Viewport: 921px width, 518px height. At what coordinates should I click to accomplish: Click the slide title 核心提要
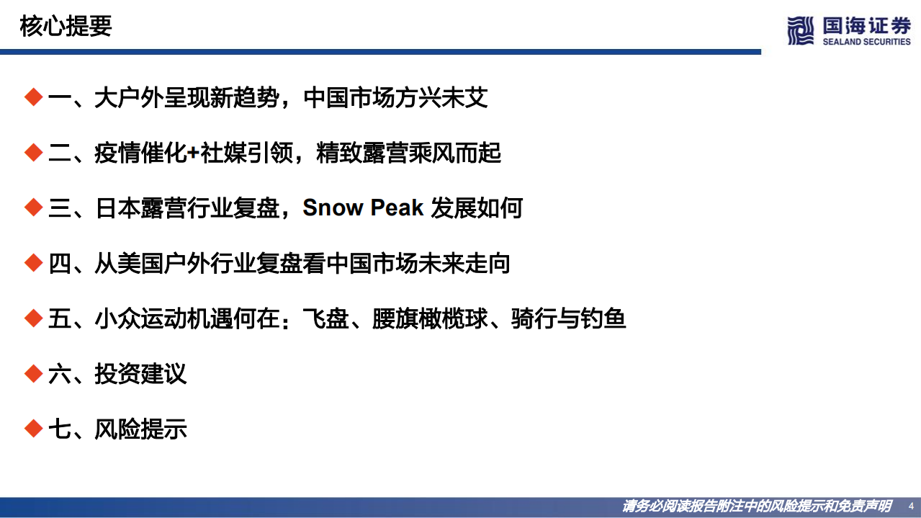(66, 27)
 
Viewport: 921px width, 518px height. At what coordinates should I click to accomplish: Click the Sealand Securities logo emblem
(800, 30)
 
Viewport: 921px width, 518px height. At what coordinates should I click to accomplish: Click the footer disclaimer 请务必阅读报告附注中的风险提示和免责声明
(757, 506)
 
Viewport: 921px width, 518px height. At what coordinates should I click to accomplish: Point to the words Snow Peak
(363, 208)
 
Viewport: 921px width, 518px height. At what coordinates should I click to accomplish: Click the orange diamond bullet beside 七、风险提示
(33, 429)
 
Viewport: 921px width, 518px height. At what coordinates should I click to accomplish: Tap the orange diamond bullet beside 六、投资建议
(33, 373)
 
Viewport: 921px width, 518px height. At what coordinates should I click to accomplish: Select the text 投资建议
(140, 374)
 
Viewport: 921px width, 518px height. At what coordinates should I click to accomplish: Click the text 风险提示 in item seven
(140, 429)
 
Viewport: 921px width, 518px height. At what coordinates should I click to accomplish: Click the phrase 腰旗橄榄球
(430, 319)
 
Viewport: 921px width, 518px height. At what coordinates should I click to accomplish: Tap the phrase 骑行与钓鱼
(568, 319)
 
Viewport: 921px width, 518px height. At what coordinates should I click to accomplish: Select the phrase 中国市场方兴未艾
(395, 98)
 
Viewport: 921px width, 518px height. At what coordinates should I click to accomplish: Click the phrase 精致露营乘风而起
(408, 153)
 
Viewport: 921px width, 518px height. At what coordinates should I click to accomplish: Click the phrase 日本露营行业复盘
(187, 208)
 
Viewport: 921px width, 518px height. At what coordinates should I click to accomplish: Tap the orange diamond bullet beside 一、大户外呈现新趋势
(33, 97)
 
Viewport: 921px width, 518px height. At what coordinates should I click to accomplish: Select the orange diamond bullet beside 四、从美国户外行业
(33, 263)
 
